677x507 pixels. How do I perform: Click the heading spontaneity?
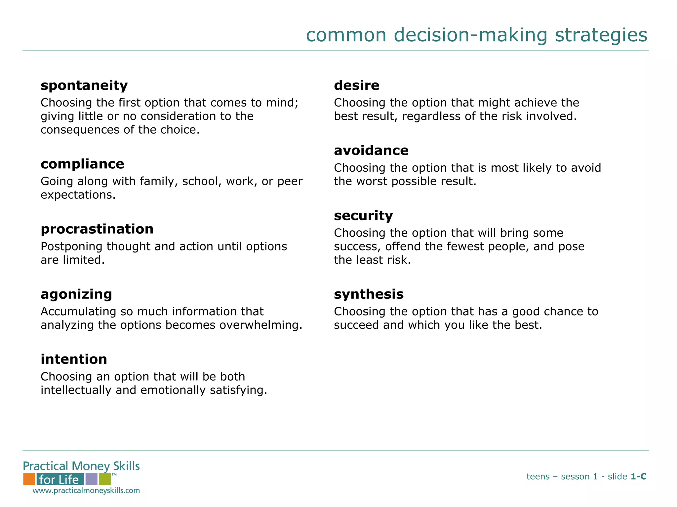coord(84,86)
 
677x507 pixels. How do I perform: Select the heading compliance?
coord(82,164)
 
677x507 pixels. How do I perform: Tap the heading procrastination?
coord(97,229)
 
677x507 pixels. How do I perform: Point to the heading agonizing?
coord(76,294)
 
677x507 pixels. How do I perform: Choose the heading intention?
coord(74,359)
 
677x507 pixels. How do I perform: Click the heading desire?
coord(356,85)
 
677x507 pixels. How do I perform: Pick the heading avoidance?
coord(371,151)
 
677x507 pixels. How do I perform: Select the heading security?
coord(363,216)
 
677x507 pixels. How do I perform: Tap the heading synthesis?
coord(369,294)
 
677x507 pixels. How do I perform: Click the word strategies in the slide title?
coord(601,35)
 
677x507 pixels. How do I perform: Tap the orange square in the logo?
coord(29,479)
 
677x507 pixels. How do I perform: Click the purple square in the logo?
coord(91,479)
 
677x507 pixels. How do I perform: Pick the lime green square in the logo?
coord(104,479)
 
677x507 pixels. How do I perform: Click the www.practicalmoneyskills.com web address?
coord(86,490)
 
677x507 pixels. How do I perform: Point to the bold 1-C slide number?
coord(638,477)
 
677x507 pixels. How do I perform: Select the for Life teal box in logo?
coord(60,479)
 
